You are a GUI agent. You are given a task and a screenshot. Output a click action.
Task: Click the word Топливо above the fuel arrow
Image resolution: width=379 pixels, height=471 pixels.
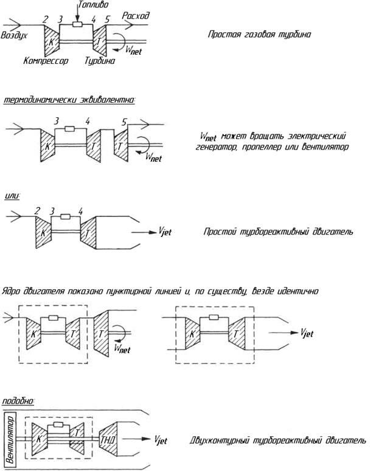93,4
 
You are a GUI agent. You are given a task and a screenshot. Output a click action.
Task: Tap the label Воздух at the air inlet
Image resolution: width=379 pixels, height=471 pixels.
14,35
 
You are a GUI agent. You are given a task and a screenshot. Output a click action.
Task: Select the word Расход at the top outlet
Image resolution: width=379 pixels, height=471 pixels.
135,16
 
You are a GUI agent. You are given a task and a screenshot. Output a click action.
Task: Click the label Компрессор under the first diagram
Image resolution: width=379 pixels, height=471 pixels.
46,61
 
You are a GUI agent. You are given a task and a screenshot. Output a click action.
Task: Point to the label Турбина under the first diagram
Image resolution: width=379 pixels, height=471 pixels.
100,61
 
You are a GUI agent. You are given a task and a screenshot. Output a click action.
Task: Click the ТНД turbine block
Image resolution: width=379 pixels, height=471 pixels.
108,439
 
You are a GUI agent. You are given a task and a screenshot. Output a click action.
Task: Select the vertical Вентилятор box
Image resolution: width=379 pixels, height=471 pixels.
10,439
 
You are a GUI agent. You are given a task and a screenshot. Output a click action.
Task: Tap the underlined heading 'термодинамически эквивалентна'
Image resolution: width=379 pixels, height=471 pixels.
69,100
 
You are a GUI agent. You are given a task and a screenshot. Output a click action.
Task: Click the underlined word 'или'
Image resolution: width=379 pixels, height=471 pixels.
12,196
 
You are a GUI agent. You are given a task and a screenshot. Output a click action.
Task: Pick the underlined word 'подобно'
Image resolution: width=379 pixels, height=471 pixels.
18,401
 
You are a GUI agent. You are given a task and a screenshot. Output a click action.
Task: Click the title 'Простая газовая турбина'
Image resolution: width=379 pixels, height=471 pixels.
259,34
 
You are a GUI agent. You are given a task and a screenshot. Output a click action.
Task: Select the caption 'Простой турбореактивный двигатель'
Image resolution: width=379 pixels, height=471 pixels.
278,232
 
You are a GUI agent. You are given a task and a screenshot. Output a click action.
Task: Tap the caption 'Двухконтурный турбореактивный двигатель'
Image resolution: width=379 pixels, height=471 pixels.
278,441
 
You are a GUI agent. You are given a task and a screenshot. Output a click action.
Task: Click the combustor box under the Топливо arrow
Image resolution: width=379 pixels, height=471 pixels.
77,25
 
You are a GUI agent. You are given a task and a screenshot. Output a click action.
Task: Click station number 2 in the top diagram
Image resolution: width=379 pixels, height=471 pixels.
46,19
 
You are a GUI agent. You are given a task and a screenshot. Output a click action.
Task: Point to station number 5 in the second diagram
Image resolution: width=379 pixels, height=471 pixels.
124,122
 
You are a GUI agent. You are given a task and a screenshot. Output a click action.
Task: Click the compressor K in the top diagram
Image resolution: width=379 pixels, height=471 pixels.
52,41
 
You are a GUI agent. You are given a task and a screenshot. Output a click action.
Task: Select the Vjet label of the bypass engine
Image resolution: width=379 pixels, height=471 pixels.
161,440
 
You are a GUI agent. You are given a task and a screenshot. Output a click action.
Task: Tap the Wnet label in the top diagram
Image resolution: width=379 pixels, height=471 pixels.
133,50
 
